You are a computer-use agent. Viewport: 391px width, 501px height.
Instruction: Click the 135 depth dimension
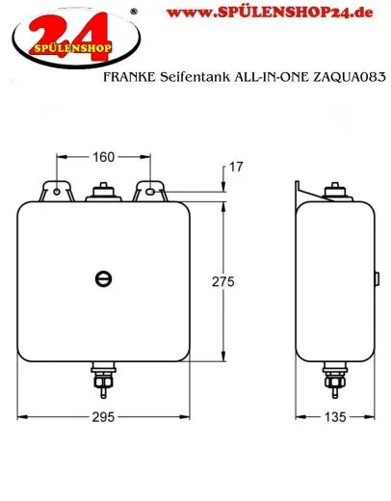[335, 416]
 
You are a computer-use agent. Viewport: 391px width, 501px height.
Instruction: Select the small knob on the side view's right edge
[376, 278]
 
